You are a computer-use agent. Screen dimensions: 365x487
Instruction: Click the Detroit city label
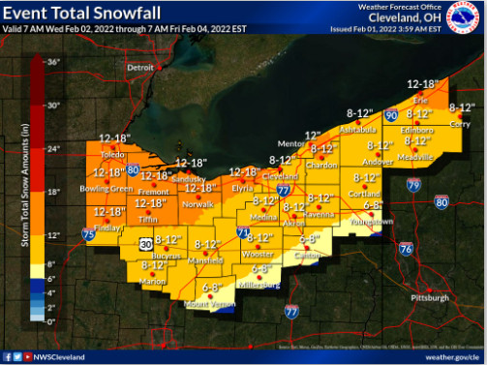click(x=141, y=68)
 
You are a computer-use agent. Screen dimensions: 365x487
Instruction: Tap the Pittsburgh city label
click(x=428, y=298)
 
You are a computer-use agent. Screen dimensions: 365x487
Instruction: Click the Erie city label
click(x=417, y=100)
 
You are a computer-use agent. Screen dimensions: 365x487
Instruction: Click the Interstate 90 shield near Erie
click(x=392, y=115)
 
